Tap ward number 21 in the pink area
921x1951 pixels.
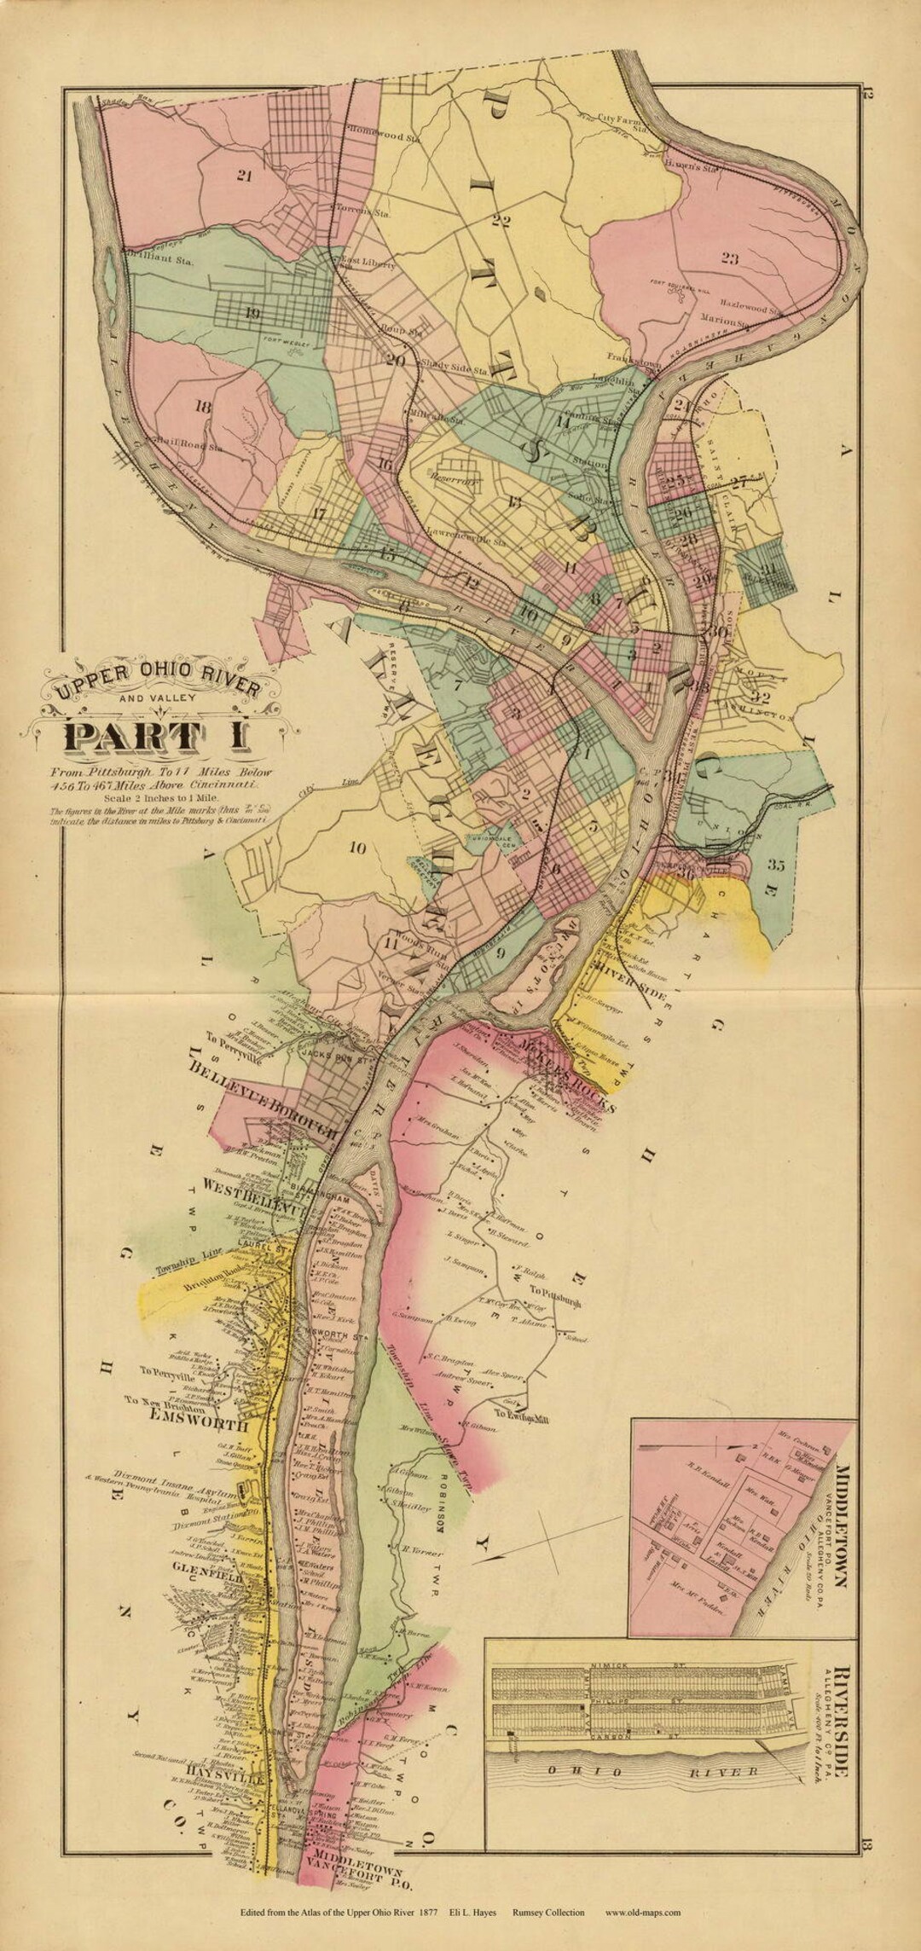(x=245, y=177)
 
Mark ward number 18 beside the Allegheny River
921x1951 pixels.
(x=202, y=408)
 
